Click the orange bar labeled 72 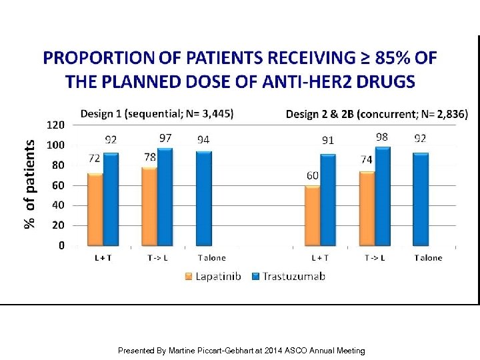(95, 209)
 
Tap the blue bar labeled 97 (165, 197)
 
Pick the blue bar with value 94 (204, 198)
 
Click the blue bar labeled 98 (383, 196)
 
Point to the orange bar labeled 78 (149, 206)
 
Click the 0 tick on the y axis (61, 245)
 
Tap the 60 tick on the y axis (58, 185)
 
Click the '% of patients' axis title (29, 183)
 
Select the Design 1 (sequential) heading (157, 113)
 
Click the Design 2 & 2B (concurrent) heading (377, 114)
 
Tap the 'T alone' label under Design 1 (211, 258)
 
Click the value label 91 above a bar (328, 141)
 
